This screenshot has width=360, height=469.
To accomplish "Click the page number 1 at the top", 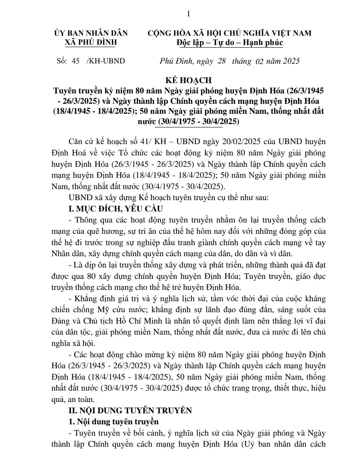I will click(189, 14).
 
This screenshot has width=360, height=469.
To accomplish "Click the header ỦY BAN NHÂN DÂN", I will click(91, 33).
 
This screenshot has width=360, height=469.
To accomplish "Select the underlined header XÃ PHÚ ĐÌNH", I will click(91, 42).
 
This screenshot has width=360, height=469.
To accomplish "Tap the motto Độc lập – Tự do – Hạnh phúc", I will click(230, 42).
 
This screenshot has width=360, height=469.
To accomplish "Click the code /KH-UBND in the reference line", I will click(106, 61).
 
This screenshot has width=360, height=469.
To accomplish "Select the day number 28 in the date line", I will click(222, 61).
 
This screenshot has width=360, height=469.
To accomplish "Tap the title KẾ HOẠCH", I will click(188, 80).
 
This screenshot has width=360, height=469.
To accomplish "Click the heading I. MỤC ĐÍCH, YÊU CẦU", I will click(115, 209).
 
